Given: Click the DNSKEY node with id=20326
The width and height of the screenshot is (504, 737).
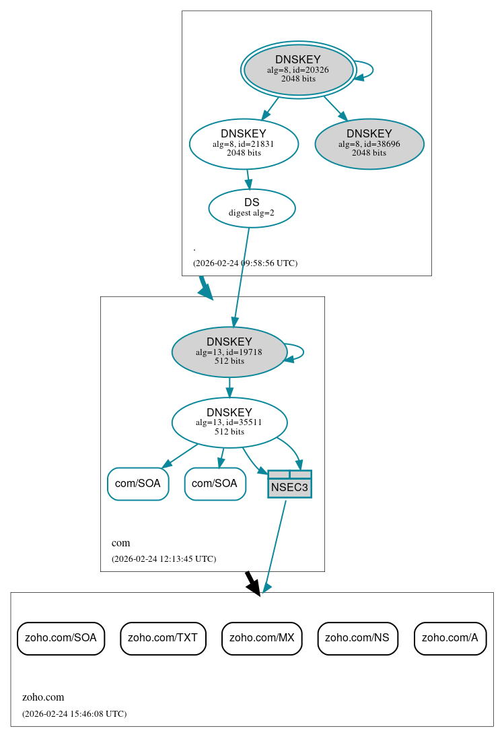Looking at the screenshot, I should (x=297, y=69).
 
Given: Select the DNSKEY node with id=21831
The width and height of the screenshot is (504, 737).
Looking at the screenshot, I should (x=244, y=143).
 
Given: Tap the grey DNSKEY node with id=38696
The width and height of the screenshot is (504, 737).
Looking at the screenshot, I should (x=369, y=143).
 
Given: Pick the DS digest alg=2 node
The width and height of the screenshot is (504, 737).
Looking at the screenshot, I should (x=252, y=207).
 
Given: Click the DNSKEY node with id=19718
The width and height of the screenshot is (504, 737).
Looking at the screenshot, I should (x=229, y=352).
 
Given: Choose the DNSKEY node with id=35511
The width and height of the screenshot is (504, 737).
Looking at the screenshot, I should (x=229, y=422).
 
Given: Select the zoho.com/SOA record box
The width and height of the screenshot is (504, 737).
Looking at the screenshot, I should (x=61, y=637).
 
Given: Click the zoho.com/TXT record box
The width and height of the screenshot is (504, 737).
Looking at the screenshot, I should (x=163, y=637).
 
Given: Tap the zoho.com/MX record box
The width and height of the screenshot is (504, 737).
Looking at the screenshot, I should (x=262, y=637).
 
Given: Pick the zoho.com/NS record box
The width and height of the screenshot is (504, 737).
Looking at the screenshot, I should (x=357, y=637).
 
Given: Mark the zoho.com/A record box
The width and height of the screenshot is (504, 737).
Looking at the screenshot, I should (x=449, y=637).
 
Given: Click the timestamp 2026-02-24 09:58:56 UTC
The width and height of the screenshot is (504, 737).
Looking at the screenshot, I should (x=245, y=263).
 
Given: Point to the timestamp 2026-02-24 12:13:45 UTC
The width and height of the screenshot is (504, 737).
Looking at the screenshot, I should (x=164, y=558).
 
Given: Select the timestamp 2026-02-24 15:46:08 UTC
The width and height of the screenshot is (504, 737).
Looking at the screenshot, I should (x=74, y=713).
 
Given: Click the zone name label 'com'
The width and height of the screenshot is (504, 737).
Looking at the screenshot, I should (x=121, y=543).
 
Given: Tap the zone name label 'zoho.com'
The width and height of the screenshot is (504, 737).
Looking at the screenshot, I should (x=43, y=697).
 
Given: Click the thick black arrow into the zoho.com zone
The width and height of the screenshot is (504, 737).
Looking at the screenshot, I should (x=252, y=583).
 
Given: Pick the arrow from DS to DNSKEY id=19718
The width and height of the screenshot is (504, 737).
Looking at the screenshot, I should (x=242, y=276).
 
